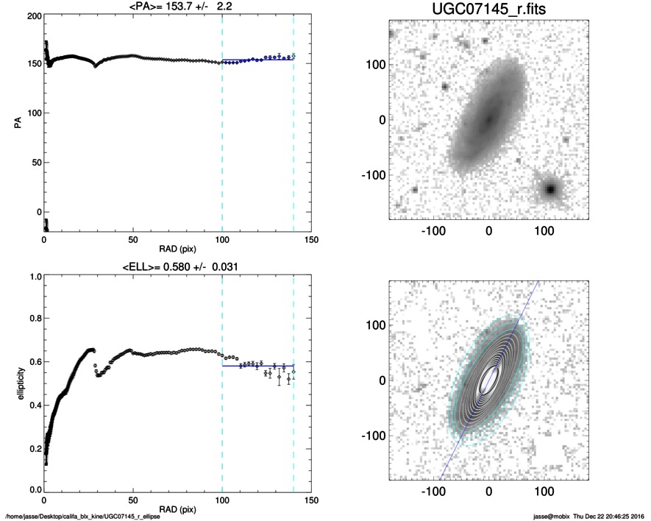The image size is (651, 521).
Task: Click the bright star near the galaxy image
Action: coord(549,189)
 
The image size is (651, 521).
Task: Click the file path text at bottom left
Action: coord(82,516)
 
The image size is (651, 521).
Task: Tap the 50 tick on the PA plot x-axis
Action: coord(132,240)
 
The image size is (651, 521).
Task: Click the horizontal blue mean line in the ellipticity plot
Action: coord(257,366)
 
